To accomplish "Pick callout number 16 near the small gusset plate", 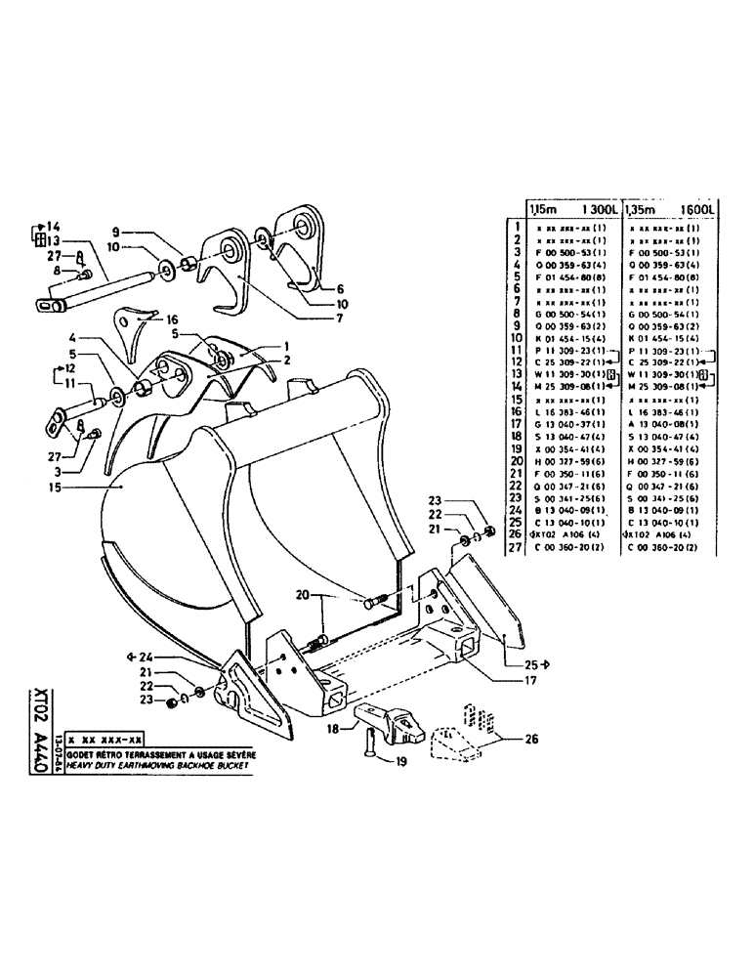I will (x=172, y=319).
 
